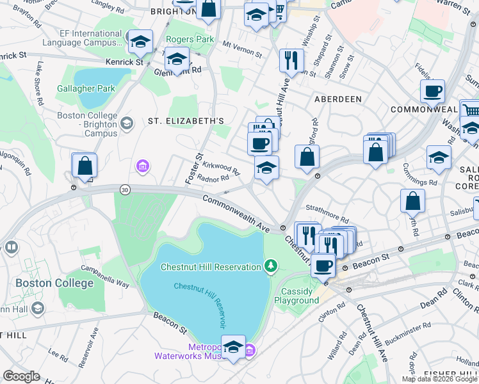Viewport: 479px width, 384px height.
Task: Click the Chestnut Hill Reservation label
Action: point(211,266)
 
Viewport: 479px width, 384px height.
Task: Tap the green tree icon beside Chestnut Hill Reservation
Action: point(272,266)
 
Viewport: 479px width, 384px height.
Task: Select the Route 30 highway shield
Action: point(124,189)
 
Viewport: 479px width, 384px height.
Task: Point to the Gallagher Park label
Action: point(85,88)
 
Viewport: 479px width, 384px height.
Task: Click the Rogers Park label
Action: point(190,39)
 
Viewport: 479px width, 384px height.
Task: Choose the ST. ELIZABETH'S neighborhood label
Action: point(186,120)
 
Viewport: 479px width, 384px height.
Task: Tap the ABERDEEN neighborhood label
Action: point(337,99)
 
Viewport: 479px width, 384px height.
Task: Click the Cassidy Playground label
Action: point(296,296)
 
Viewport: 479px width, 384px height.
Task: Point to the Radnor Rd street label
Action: point(213,180)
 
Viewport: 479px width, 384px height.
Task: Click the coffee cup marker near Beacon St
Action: point(323,264)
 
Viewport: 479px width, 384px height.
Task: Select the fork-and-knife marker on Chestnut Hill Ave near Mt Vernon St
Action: point(291,60)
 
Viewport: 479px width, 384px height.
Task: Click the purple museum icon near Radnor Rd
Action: point(142,167)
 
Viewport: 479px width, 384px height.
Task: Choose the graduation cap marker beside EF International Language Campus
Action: point(140,42)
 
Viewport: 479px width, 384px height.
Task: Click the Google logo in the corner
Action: point(21,376)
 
